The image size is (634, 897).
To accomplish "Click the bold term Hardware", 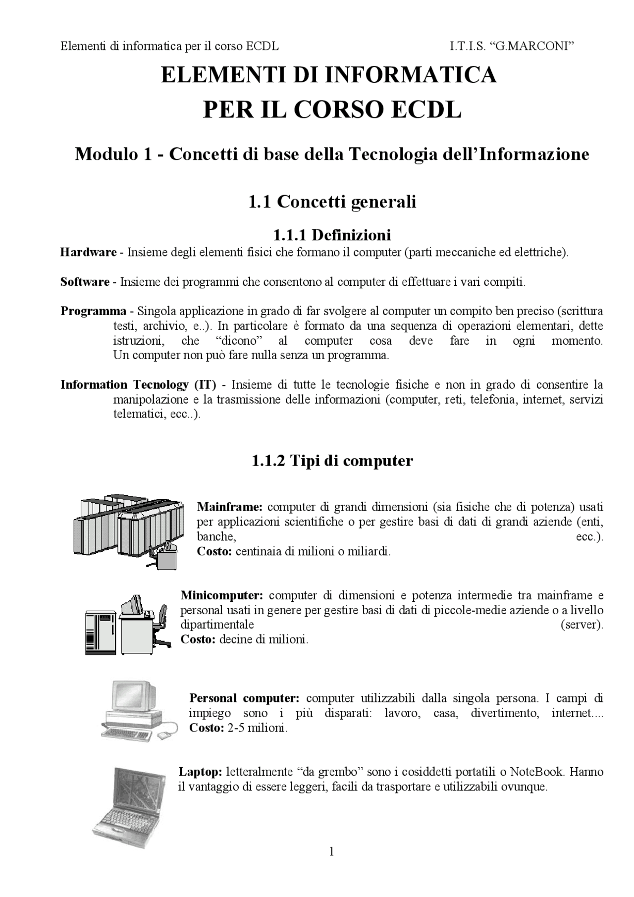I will pyautogui.click(x=88, y=253).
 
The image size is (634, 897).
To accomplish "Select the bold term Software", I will pyautogui.click(x=85, y=282).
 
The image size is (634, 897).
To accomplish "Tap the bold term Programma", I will pyautogui.click(x=93, y=312).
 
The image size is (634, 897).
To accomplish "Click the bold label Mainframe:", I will pyautogui.click(x=230, y=507).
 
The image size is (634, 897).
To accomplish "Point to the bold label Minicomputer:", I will pyautogui.click(x=221, y=595).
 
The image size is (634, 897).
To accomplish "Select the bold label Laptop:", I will pyautogui.click(x=200, y=772).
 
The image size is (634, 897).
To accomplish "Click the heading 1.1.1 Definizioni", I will pyautogui.click(x=332, y=234).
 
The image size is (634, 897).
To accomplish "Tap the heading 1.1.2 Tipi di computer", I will pyautogui.click(x=332, y=461).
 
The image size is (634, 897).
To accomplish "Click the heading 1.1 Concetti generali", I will pyautogui.click(x=332, y=202).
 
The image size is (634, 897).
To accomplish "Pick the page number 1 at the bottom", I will pyautogui.click(x=331, y=851).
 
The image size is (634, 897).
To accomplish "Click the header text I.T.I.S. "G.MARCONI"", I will pyautogui.click(x=512, y=47).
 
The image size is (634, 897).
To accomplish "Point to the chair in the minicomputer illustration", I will pyautogui.click(x=160, y=624).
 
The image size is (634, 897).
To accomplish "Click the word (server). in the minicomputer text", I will pyautogui.click(x=581, y=625).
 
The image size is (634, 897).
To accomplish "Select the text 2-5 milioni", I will pyautogui.click(x=257, y=728).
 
